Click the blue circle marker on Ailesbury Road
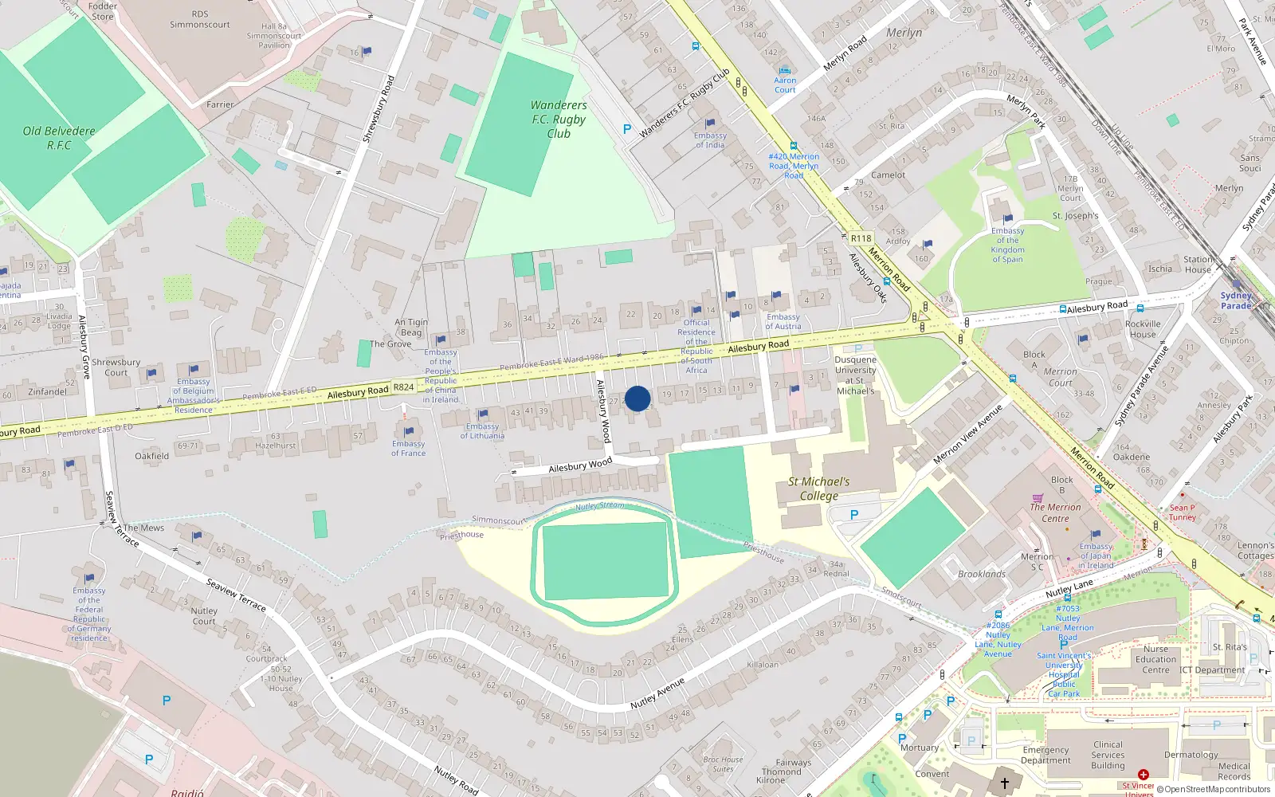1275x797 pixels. [637, 398]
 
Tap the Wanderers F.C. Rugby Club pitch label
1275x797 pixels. [559, 119]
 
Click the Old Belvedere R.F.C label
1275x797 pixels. [59, 138]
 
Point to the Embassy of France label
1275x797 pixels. [408, 449]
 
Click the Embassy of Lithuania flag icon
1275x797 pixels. [482, 414]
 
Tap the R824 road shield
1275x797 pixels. [404, 387]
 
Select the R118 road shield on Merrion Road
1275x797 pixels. [861, 238]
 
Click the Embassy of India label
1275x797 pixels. [710, 140]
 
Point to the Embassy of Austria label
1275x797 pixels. [783, 321]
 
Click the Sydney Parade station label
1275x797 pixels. [1236, 300]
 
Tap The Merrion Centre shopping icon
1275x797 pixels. [1038, 499]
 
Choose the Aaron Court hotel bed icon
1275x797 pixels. [785, 70]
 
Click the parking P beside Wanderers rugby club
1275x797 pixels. [627, 129]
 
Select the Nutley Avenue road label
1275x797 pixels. [657, 693]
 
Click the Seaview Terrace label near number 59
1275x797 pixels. [236, 595]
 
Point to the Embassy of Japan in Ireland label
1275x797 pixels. [1096, 556]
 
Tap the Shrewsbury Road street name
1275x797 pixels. [379, 109]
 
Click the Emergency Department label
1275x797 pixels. [1045, 755]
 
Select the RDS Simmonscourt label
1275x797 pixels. [200, 19]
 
